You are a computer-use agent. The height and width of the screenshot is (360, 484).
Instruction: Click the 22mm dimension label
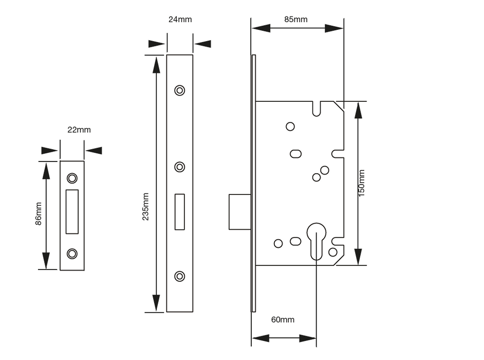tap(79, 130)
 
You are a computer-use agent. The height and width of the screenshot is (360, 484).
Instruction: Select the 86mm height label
tap(38, 214)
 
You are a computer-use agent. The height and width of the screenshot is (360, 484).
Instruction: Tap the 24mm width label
tap(180, 20)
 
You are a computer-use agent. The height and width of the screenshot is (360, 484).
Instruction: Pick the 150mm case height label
tap(361, 183)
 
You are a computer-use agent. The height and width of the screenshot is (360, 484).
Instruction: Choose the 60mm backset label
tap(283, 320)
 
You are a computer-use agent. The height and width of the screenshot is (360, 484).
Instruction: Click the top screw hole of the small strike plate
tap(72, 178)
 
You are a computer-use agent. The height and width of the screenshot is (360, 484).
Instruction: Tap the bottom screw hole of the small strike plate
tap(72, 253)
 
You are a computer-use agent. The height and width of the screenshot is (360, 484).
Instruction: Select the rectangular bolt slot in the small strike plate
tap(72, 211)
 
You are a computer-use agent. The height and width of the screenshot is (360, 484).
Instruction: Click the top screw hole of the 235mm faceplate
tap(179, 90)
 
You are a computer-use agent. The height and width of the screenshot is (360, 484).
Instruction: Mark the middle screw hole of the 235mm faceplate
tap(179, 167)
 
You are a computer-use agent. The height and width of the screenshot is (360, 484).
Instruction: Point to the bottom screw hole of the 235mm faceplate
tap(179, 276)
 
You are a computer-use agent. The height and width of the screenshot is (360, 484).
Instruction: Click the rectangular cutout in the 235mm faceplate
tap(179, 211)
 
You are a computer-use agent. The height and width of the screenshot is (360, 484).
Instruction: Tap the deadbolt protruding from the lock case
tap(239, 211)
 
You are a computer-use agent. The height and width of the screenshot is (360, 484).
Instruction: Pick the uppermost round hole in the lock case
tap(290, 127)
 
